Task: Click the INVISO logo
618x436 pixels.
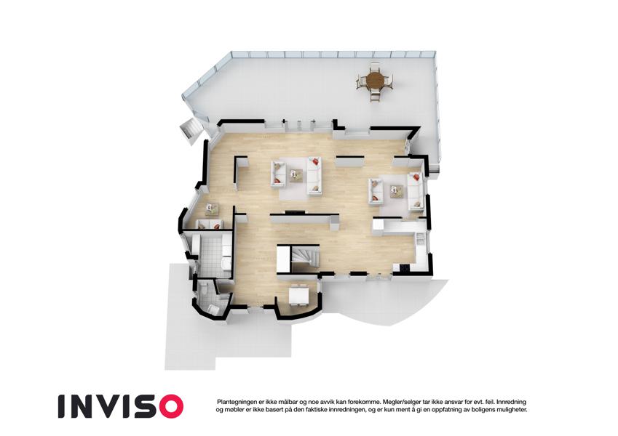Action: [121, 406]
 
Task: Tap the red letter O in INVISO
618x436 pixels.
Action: [170, 406]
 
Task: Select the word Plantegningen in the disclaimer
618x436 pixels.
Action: [235, 402]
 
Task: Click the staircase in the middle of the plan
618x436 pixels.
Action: [304, 259]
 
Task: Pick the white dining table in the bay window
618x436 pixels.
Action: [298, 296]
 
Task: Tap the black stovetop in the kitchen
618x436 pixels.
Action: [405, 267]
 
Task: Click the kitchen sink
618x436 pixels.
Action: [420, 238]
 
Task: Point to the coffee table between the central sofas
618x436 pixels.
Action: [296, 176]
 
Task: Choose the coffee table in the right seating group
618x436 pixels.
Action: [396, 191]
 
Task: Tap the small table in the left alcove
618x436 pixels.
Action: [212, 209]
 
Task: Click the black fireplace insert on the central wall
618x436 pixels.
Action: [296, 212]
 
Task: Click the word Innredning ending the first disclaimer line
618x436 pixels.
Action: [511, 402]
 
